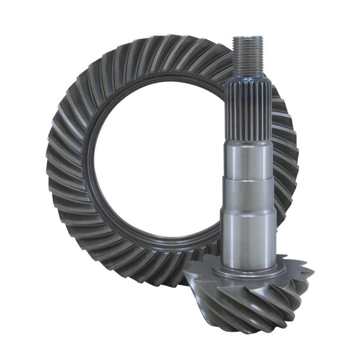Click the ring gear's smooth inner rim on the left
92,166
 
